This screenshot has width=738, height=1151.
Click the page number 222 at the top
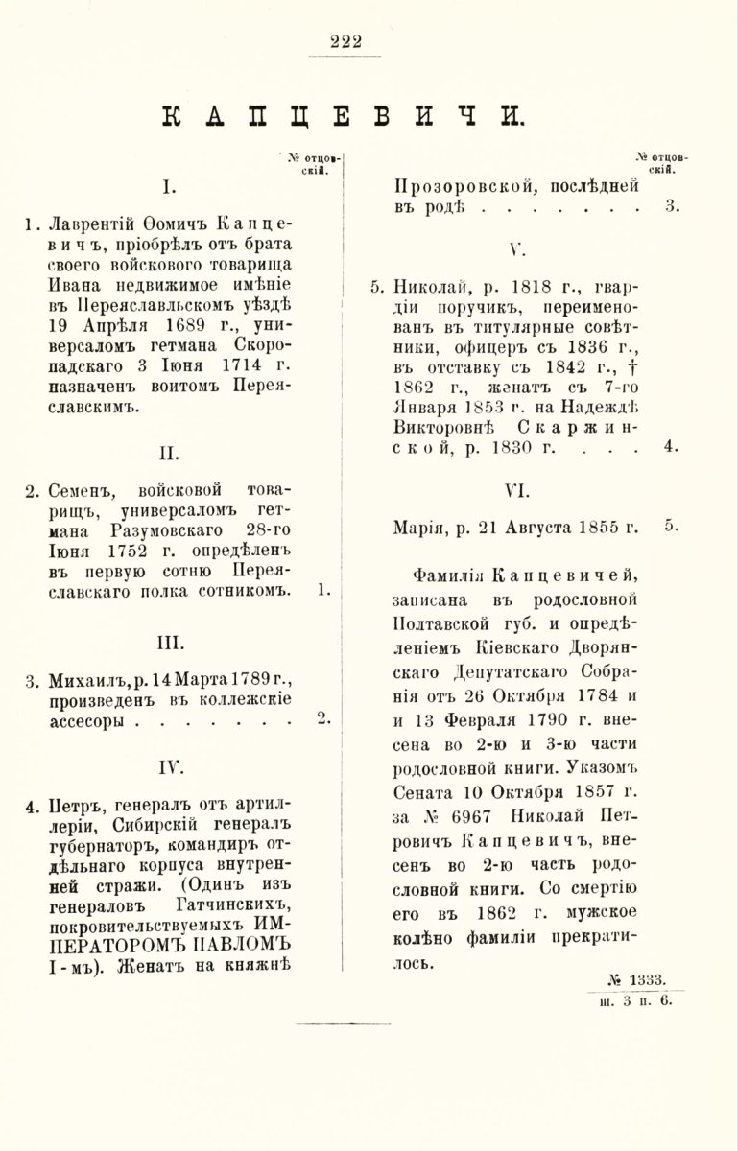click(345, 39)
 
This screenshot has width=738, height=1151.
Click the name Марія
click(420, 528)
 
